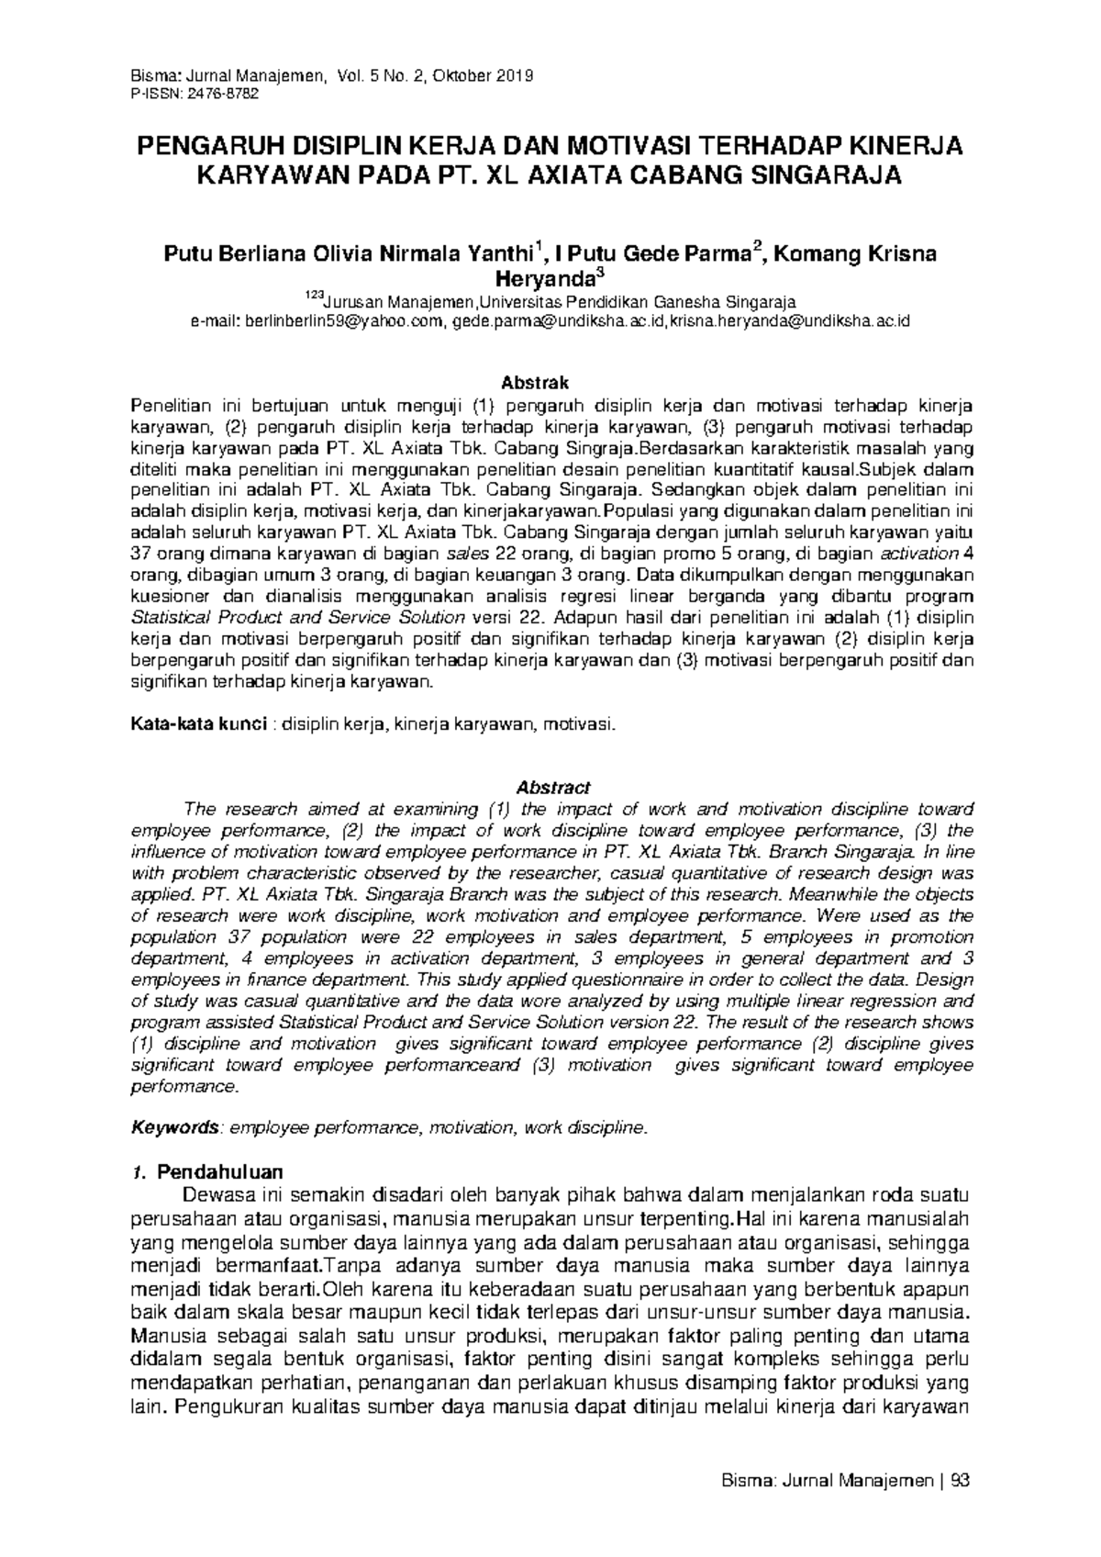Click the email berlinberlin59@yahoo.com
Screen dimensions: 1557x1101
point(342,321)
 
